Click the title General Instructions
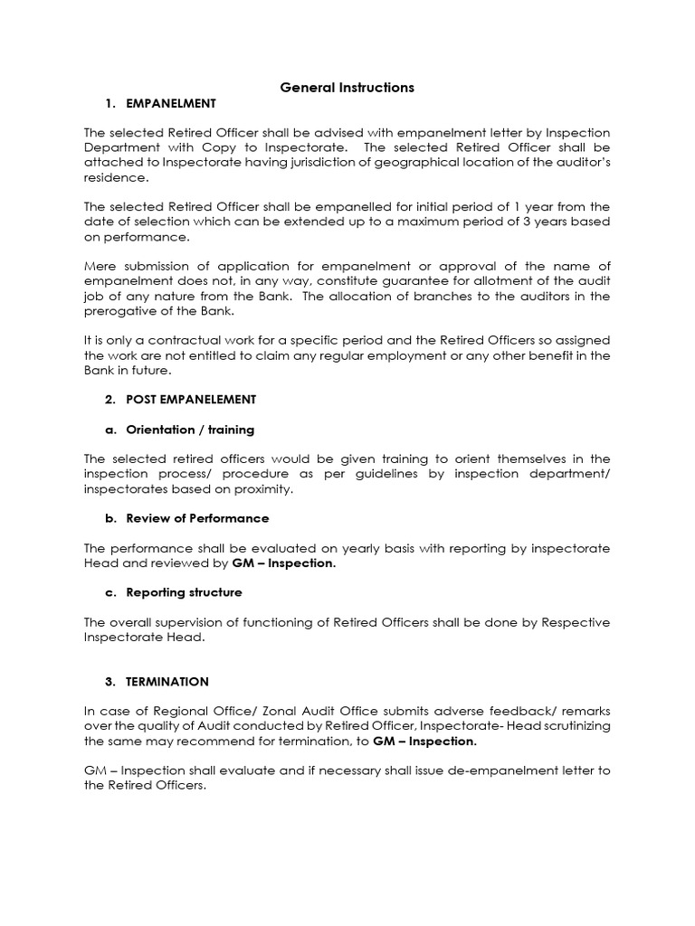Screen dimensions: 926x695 pyautogui.click(x=347, y=88)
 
